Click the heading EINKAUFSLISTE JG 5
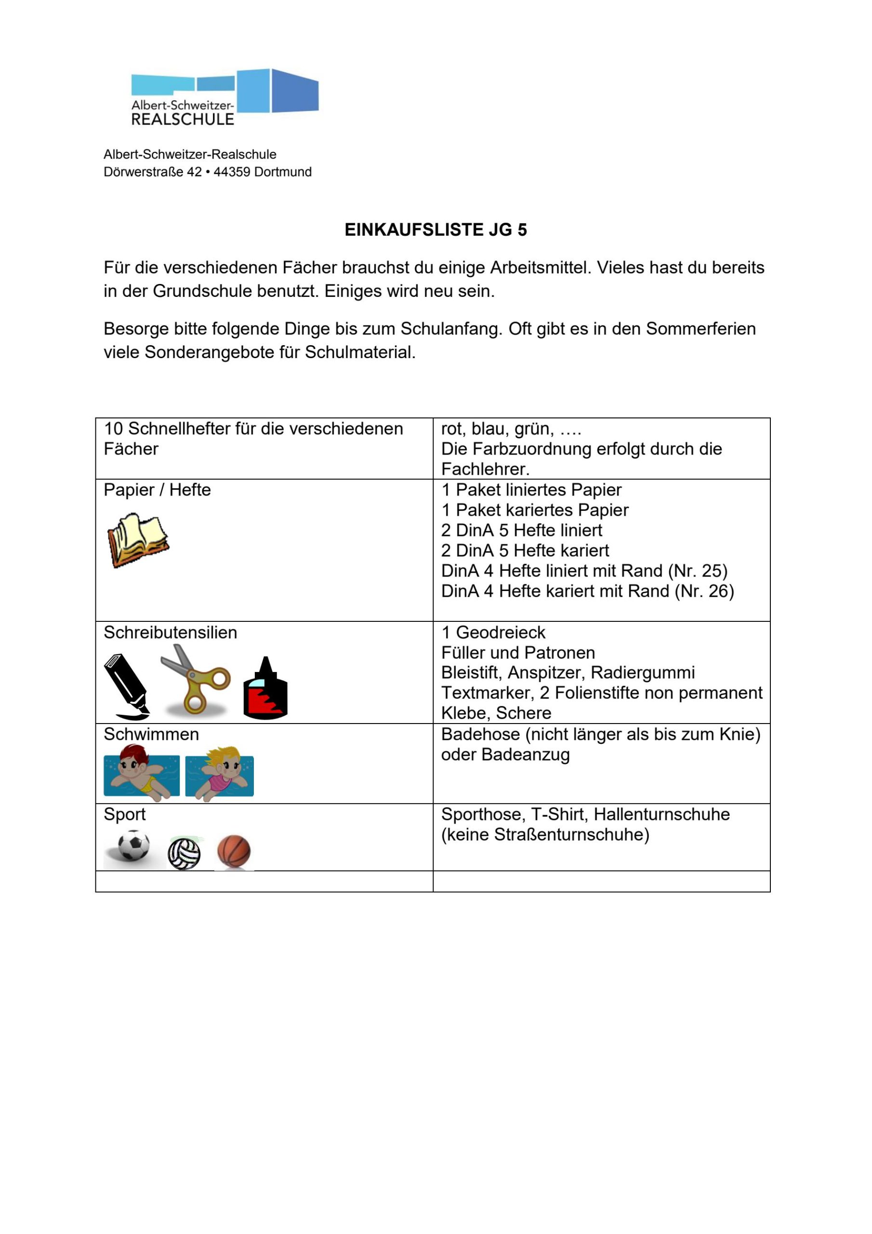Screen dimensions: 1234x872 pos(436,230)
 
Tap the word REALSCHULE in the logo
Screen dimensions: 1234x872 pos(183,120)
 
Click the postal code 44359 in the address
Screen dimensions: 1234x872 pos(232,172)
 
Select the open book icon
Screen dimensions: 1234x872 pos(137,539)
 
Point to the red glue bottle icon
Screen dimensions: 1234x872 pos(265,690)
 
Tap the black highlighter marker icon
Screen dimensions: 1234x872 pos(127,686)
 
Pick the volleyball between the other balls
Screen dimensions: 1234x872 pos(184,853)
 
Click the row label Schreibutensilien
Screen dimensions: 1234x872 pos(171,632)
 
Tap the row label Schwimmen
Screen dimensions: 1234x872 pos(151,734)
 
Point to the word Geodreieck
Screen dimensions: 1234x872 pos(501,632)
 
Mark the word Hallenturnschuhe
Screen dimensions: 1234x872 pos(661,814)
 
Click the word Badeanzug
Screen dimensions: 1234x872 pos(526,754)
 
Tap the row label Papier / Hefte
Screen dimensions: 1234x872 pos(157,490)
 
